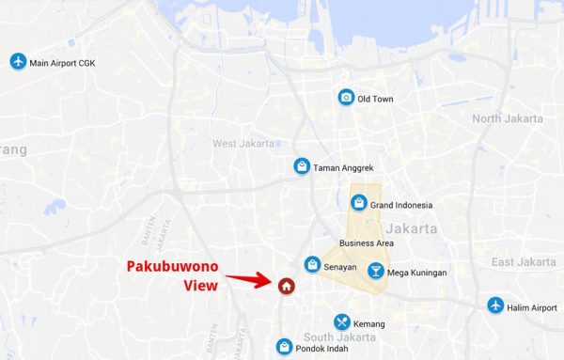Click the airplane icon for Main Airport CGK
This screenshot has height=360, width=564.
(x=17, y=62)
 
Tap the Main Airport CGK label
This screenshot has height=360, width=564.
(x=63, y=63)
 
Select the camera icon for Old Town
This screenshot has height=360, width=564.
(x=347, y=98)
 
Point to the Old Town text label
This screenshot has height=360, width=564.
(x=376, y=99)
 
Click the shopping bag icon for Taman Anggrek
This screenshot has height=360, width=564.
(x=301, y=166)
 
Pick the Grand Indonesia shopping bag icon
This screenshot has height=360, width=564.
(x=358, y=203)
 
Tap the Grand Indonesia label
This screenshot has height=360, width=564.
(x=401, y=205)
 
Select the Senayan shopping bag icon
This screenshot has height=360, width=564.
(x=312, y=266)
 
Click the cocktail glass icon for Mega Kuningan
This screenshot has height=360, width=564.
(x=375, y=272)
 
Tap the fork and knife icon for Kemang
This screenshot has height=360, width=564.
(x=341, y=322)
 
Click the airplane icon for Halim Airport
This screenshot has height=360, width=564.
(x=495, y=306)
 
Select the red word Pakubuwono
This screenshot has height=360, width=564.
(x=173, y=267)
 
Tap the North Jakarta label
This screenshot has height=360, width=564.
(x=507, y=118)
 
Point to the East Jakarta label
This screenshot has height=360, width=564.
(x=517, y=261)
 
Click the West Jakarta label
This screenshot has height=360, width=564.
(x=243, y=144)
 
